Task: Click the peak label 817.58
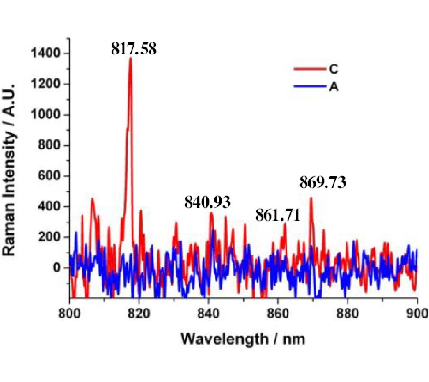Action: click(x=133, y=49)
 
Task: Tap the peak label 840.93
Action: click(x=207, y=202)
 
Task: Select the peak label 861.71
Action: click(x=278, y=215)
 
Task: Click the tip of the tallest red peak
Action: click(x=130, y=58)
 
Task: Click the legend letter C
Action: click(x=334, y=69)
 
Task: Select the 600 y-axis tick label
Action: click(x=51, y=176)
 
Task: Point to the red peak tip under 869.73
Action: click(x=311, y=197)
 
